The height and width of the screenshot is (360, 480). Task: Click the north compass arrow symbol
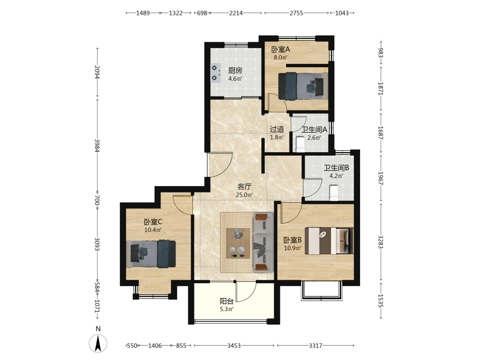98,344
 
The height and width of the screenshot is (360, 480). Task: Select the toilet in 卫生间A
300,144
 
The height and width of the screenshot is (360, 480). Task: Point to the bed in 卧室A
303,86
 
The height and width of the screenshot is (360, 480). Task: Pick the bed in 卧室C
151,254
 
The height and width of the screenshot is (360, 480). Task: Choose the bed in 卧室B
331,240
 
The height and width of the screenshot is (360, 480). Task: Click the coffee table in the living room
238,243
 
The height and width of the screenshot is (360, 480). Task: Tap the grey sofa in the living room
263,242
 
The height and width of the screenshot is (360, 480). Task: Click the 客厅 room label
244,186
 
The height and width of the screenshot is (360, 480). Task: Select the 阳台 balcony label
227,301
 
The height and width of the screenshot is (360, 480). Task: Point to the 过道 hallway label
277,129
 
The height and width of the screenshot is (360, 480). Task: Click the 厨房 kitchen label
235,71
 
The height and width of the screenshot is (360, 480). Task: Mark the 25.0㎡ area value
244,195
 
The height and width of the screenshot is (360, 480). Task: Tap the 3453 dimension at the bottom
234,346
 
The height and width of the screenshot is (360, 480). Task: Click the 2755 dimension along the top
296,13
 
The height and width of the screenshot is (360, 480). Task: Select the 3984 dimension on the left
97,146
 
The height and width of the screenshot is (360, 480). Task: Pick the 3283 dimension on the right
381,242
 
